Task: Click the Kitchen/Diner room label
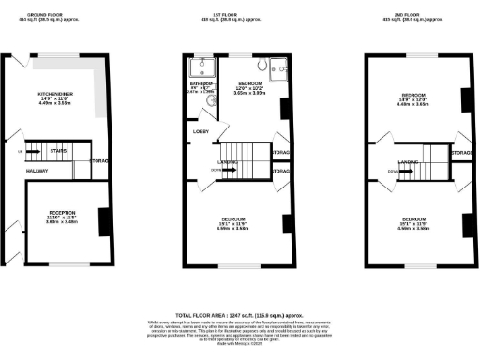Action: point(55,94)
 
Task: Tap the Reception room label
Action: point(62,213)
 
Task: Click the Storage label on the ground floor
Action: point(100,161)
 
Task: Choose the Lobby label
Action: point(202,132)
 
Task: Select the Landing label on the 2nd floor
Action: point(407,161)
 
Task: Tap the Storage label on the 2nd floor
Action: point(460,152)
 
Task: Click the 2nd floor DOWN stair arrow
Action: point(391,172)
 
